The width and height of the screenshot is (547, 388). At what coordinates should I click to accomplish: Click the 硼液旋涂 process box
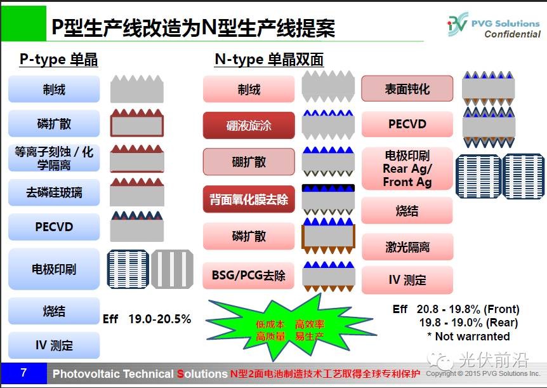pyautogui.click(x=249, y=125)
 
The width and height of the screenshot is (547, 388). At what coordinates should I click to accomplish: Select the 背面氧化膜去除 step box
pyautogui.click(x=249, y=199)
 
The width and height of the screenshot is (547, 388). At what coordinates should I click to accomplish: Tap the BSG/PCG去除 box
pyautogui.click(x=249, y=275)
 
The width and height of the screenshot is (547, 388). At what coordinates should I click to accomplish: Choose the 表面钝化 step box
pyautogui.click(x=407, y=89)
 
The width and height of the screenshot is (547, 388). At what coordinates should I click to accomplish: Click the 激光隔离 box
pyautogui.click(x=407, y=247)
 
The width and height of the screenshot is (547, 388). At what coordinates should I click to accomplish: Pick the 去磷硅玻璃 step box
pyautogui.click(x=54, y=192)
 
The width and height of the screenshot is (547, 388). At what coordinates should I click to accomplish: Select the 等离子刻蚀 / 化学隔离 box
pyautogui.click(x=54, y=158)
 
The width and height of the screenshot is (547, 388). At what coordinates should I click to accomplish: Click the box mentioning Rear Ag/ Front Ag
pyautogui.click(x=407, y=169)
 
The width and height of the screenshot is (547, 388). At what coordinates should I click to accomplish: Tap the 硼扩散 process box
pyautogui.click(x=249, y=162)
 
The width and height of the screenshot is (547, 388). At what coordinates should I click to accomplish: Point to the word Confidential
pyautogui.click(x=513, y=34)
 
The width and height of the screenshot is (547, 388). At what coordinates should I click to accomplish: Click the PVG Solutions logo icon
pyautogui.click(x=458, y=23)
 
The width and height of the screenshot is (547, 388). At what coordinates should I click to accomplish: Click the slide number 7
pyautogui.click(x=23, y=372)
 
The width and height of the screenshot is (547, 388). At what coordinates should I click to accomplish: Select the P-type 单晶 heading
pyautogui.click(x=58, y=59)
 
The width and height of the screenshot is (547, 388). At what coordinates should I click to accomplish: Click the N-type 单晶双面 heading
pyautogui.click(x=269, y=59)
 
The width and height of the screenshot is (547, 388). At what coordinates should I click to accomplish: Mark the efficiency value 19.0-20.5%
pyautogui.click(x=160, y=319)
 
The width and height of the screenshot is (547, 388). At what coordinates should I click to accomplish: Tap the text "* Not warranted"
pyautogui.click(x=468, y=337)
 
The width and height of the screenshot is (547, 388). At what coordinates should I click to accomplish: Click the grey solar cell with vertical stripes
pyautogui.click(x=173, y=269)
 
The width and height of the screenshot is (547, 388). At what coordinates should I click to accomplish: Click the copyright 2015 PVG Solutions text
pyautogui.click(x=483, y=373)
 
